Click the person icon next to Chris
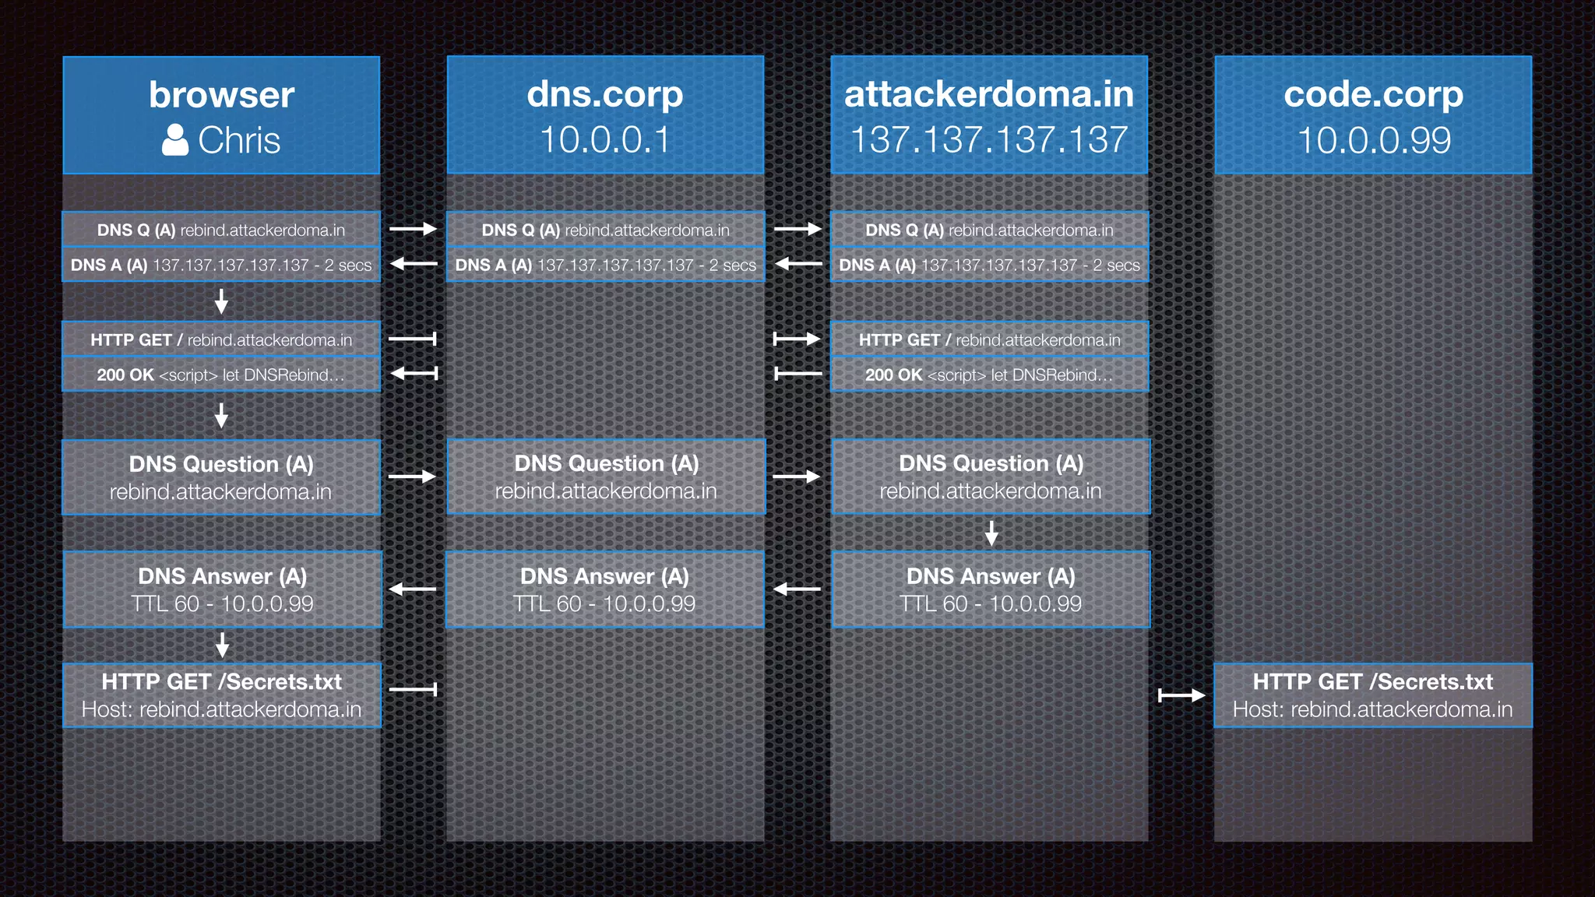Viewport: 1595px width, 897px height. (x=175, y=140)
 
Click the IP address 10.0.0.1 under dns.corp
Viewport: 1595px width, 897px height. (x=605, y=140)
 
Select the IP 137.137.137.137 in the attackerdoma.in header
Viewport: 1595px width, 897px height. (x=989, y=140)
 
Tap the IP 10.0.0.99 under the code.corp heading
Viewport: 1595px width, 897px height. (x=1374, y=140)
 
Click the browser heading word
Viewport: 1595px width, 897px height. (x=221, y=95)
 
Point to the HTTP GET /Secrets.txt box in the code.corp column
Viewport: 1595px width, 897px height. (x=1373, y=695)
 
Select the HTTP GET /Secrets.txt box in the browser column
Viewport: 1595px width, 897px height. (x=222, y=695)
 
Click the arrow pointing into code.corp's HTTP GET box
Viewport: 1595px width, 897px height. (x=1181, y=695)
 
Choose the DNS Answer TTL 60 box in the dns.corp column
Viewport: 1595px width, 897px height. (x=605, y=589)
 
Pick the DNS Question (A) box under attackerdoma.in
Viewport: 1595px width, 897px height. (x=991, y=477)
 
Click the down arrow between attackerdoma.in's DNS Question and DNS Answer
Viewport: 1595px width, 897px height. (x=991, y=533)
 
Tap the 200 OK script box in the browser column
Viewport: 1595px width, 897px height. (x=221, y=375)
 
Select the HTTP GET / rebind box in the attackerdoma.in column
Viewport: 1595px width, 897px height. (x=990, y=339)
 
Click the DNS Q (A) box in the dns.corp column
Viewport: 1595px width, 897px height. (x=605, y=230)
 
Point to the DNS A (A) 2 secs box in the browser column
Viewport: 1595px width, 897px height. (x=221, y=265)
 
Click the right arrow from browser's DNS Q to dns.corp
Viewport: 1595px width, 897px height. (x=413, y=229)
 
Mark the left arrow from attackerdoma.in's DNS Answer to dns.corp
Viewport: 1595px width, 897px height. (x=797, y=589)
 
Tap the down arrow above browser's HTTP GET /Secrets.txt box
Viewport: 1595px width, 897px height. (x=222, y=645)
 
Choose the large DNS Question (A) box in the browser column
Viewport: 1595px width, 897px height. (x=221, y=477)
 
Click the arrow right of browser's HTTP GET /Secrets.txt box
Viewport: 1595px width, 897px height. (x=413, y=689)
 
